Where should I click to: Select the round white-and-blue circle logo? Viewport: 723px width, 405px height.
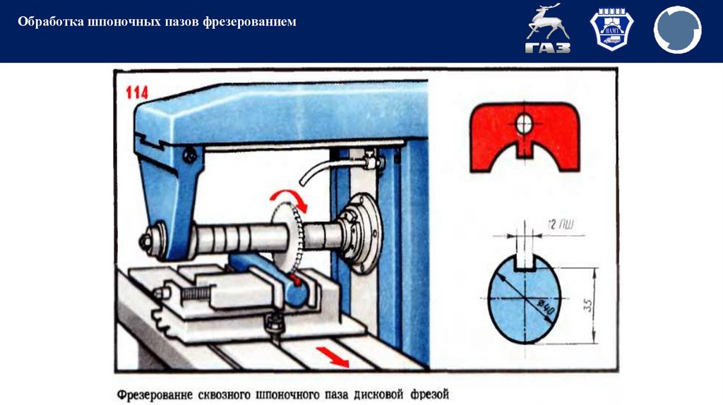[677, 30]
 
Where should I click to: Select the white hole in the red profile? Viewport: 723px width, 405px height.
[525, 123]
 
